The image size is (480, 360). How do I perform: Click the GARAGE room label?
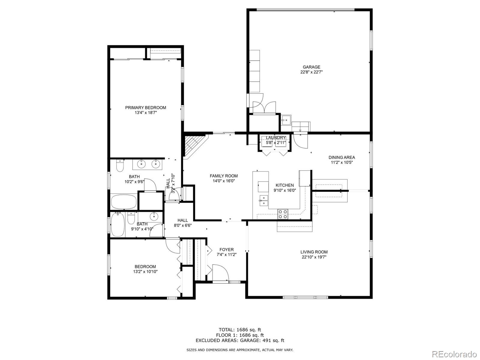(x=311, y=67)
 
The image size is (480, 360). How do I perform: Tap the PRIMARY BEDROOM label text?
(x=145, y=107)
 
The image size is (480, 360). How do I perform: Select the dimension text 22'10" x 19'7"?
(x=314, y=257)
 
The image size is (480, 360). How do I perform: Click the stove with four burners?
(x=283, y=214)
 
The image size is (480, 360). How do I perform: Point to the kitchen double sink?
(x=263, y=200)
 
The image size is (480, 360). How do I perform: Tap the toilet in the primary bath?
(x=120, y=165)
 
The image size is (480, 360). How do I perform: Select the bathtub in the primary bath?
(x=124, y=202)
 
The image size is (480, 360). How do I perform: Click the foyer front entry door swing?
(x=220, y=273)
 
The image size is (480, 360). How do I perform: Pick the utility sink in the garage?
(x=286, y=120)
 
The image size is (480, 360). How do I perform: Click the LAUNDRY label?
(x=276, y=138)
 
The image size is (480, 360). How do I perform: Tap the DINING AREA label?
(x=342, y=157)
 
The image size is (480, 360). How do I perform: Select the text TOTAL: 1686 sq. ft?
(x=240, y=330)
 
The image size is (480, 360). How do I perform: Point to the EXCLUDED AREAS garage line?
(x=240, y=340)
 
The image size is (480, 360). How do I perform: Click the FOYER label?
(x=226, y=250)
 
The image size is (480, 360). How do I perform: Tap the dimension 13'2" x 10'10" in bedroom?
(x=145, y=272)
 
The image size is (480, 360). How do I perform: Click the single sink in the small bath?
(x=154, y=216)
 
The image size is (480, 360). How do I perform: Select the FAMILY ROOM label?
(x=223, y=176)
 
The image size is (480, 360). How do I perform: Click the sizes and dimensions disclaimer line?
(x=240, y=350)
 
